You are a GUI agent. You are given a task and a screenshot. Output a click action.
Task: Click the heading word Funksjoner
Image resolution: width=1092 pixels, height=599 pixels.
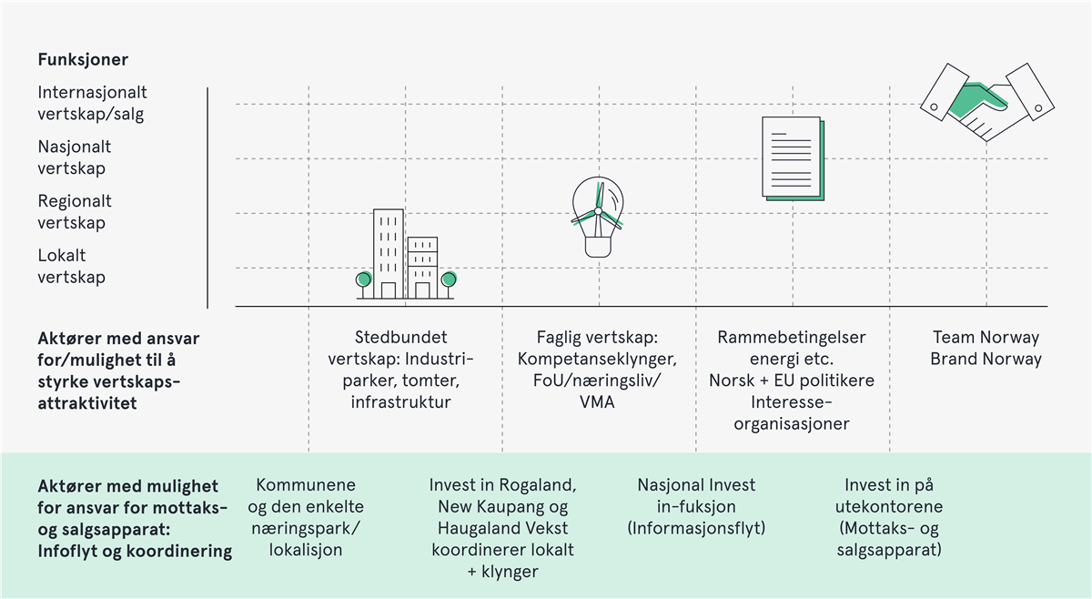83,60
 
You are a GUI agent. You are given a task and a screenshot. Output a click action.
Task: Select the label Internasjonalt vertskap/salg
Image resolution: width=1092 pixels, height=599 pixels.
92,103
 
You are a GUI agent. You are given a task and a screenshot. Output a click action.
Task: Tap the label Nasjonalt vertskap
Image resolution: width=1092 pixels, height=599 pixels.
75,157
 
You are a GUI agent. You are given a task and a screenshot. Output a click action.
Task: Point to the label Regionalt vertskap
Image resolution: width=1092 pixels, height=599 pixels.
75,212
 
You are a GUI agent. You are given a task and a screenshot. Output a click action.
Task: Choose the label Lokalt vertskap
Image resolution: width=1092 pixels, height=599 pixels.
71,267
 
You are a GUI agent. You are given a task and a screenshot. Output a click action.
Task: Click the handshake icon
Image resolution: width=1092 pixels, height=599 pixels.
986,103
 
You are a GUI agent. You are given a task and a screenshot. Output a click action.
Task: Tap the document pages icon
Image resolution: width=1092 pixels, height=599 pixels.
793,157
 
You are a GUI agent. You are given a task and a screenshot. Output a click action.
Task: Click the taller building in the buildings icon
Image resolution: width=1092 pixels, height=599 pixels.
389,253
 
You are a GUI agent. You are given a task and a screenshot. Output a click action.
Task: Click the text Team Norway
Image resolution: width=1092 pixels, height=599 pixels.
986,338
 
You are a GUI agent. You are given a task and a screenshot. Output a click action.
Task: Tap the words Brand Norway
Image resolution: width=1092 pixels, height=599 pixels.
986,359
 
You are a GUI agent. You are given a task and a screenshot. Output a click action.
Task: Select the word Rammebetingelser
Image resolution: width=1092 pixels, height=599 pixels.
792,338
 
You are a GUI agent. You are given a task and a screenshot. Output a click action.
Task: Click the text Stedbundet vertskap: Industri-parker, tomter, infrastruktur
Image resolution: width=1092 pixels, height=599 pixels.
401,370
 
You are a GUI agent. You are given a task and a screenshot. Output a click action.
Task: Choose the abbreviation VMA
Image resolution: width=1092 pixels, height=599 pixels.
597,401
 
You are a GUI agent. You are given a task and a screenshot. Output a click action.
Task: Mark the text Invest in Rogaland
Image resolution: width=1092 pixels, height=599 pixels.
502,485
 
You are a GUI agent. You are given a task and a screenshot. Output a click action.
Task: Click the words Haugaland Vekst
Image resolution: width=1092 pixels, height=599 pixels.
502,528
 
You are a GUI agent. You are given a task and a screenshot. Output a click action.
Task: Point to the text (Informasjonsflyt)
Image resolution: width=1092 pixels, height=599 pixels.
696,528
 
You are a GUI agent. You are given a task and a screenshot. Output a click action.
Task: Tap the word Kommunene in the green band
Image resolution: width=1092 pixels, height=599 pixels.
306,485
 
